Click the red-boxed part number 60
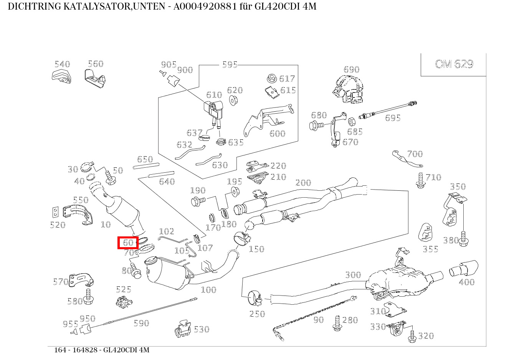pos(128,243)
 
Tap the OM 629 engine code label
pos(454,64)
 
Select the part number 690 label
pos(351,69)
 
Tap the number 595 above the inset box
pos(230,64)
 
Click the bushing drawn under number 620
pos(233,101)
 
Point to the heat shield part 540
pos(61,76)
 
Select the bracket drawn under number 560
pos(94,79)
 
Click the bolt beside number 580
pos(89,297)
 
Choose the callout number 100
pos(208,290)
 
